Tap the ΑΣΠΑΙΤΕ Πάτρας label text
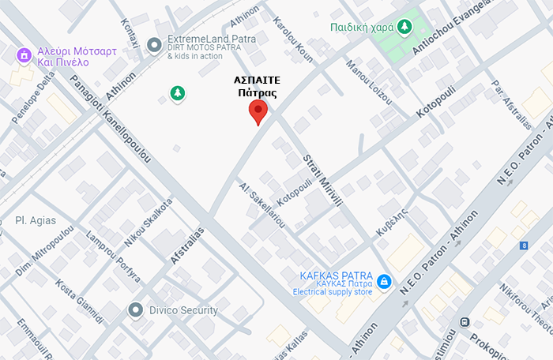point(258,86)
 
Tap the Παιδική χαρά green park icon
point(404,28)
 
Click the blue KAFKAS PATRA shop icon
point(384,281)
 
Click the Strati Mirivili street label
point(322,181)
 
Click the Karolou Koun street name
point(292,37)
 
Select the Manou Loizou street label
point(368,82)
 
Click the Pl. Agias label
point(36,220)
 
